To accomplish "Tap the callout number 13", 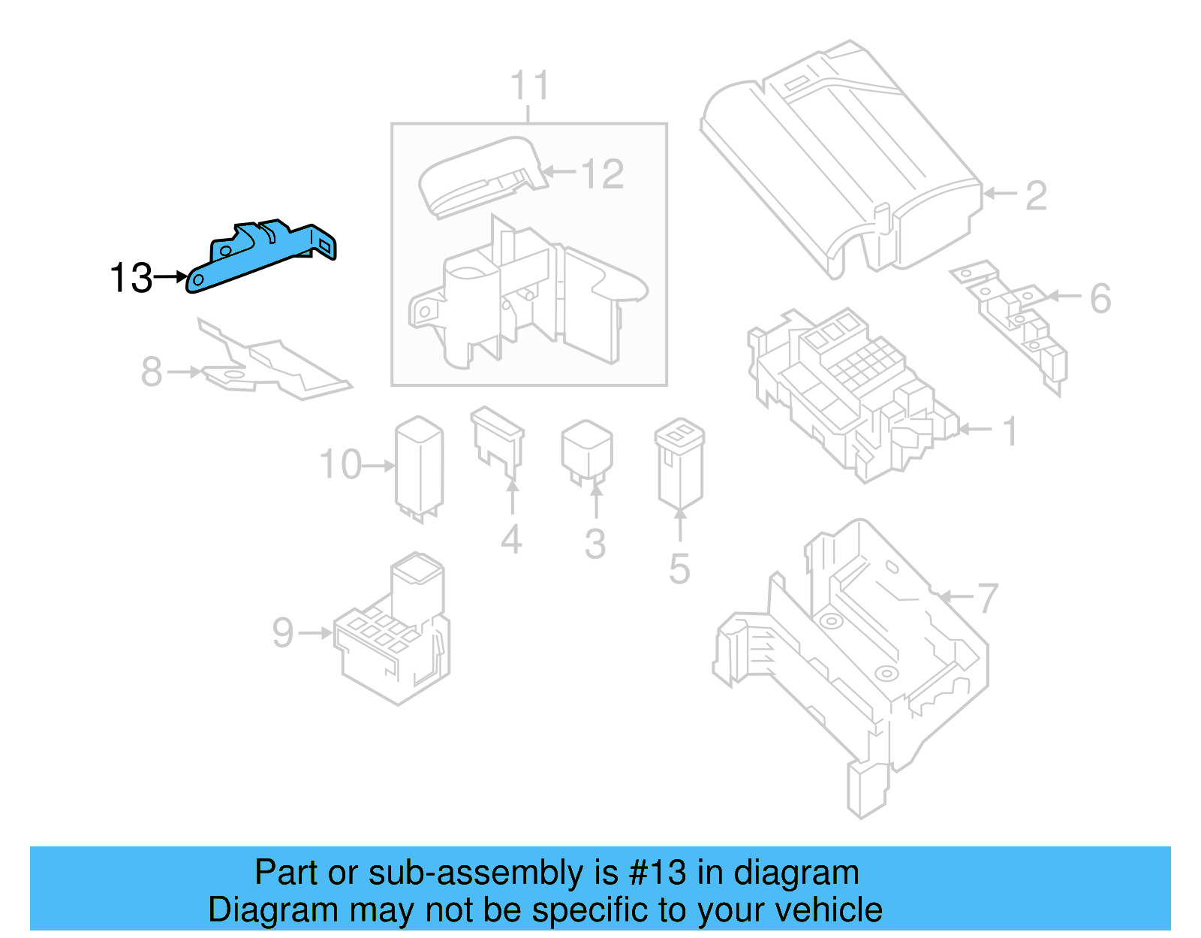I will (131, 279).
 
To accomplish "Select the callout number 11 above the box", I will (529, 86).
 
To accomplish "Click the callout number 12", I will (603, 174).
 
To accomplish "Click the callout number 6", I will (1100, 299).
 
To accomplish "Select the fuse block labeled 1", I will (848, 391).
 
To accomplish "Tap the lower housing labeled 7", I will (856, 661).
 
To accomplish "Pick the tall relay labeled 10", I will (420, 466).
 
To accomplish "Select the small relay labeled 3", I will (587, 451).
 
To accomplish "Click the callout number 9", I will (283, 633).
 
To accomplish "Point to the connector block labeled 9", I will (394, 638).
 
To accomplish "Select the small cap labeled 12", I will (480, 176).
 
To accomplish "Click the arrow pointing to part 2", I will (1000, 194).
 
